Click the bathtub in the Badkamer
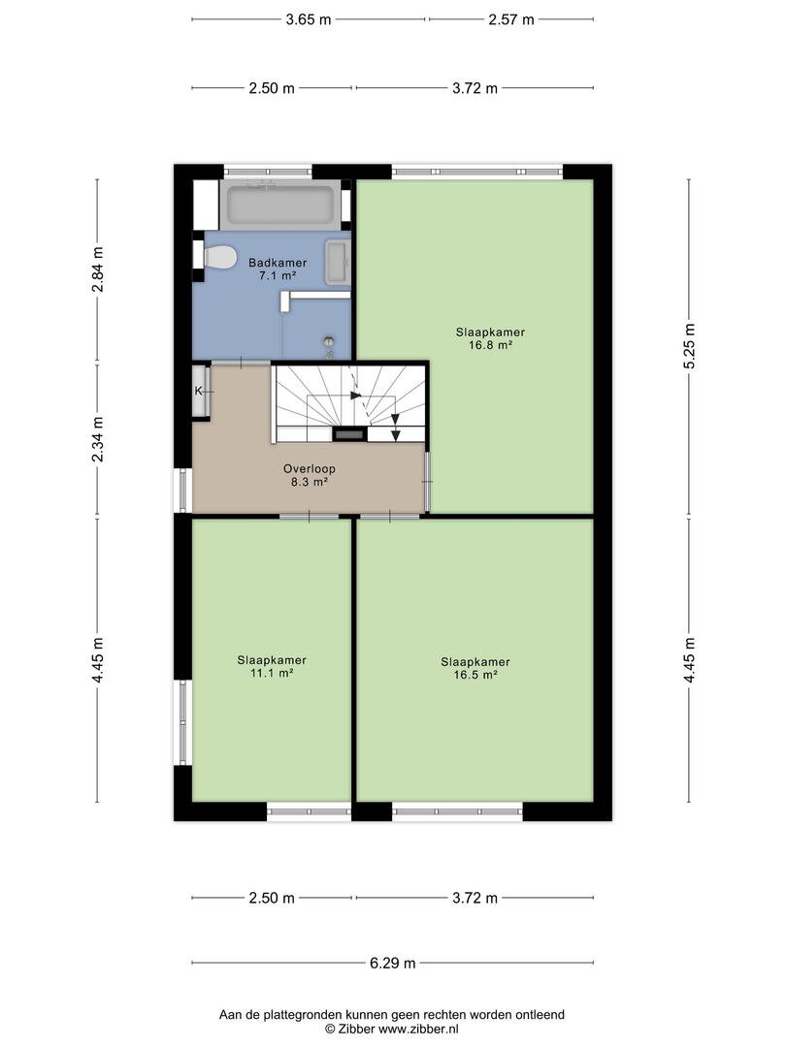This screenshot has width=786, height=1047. tap(280, 205)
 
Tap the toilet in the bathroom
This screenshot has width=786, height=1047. tap(220, 256)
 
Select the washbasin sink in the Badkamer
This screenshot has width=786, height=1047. tap(338, 263)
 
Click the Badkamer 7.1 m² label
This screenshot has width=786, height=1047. tap(278, 269)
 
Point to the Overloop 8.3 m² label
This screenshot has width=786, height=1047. tap(309, 475)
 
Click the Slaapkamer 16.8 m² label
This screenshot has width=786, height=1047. tap(491, 338)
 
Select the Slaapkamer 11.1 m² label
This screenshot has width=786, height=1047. tap(272, 666)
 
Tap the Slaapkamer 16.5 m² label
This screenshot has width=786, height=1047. tap(475, 668)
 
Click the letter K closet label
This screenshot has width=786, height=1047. tap(199, 392)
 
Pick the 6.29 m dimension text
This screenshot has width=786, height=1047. tap(392, 963)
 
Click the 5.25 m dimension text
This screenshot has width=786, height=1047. tap(689, 345)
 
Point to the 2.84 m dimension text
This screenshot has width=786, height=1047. tap(98, 270)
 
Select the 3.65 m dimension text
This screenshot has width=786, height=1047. tap(309, 19)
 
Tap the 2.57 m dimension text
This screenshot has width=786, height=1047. tap(511, 19)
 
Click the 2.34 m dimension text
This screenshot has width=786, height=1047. tap(98, 439)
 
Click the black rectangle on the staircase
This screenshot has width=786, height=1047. tap(350, 434)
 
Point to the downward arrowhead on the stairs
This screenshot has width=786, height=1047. tap(396, 435)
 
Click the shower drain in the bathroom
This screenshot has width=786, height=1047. tap(328, 341)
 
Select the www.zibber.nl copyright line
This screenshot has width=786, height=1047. tap(392, 1029)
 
